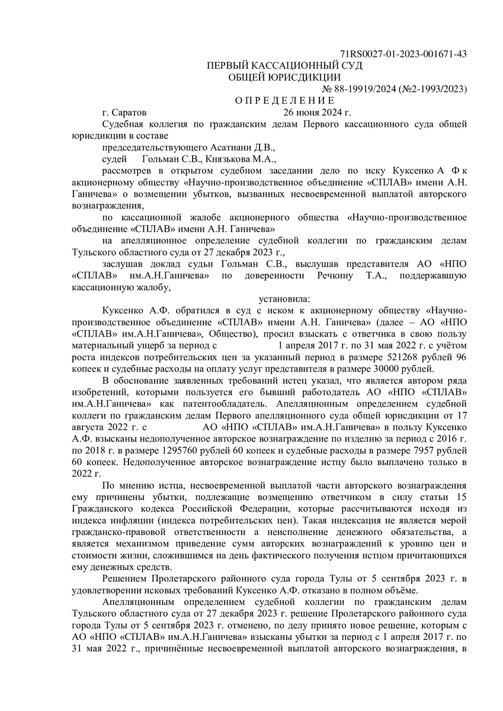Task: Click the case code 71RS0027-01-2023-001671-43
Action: tap(403, 55)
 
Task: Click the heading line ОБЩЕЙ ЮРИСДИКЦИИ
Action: tap(284, 77)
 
